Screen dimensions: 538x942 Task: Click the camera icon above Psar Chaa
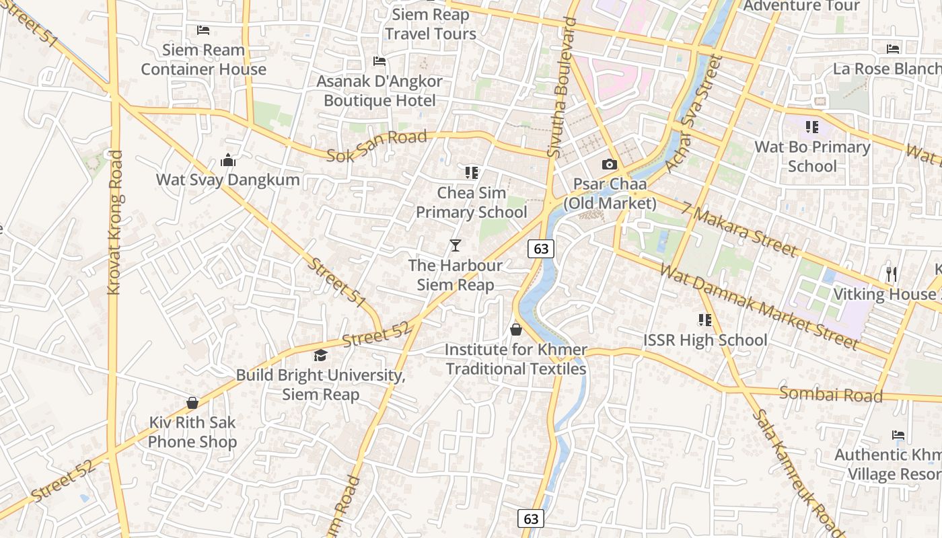click(609, 164)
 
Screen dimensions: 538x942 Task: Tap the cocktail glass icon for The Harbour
click(456, 245)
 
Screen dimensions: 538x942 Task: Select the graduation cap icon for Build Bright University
click(320, 356)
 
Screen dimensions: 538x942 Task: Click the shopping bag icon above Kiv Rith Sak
click(192, 403)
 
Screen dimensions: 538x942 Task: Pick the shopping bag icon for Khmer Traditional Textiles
click(516, 330)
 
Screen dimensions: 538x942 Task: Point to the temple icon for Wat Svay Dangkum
click(228, 161)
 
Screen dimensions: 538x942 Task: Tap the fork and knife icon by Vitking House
click(892, 274)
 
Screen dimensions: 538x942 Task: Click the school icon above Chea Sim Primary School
click(471, 173)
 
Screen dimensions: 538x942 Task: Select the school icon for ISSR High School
click(704, 320)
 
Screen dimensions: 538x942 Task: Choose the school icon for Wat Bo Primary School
click(812, 127)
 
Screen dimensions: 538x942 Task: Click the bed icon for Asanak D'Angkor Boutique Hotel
click(379, 62)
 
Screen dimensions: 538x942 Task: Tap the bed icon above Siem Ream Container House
click(203, 30)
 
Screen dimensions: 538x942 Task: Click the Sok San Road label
click(377, 146)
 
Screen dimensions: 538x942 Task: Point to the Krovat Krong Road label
click(115, 222)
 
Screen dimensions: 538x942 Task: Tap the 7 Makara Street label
click(738, 229)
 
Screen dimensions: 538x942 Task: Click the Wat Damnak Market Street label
click(759, 307)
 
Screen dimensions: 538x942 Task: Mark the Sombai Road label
click(830, 394)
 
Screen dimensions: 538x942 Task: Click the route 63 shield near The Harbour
click(541, 249)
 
